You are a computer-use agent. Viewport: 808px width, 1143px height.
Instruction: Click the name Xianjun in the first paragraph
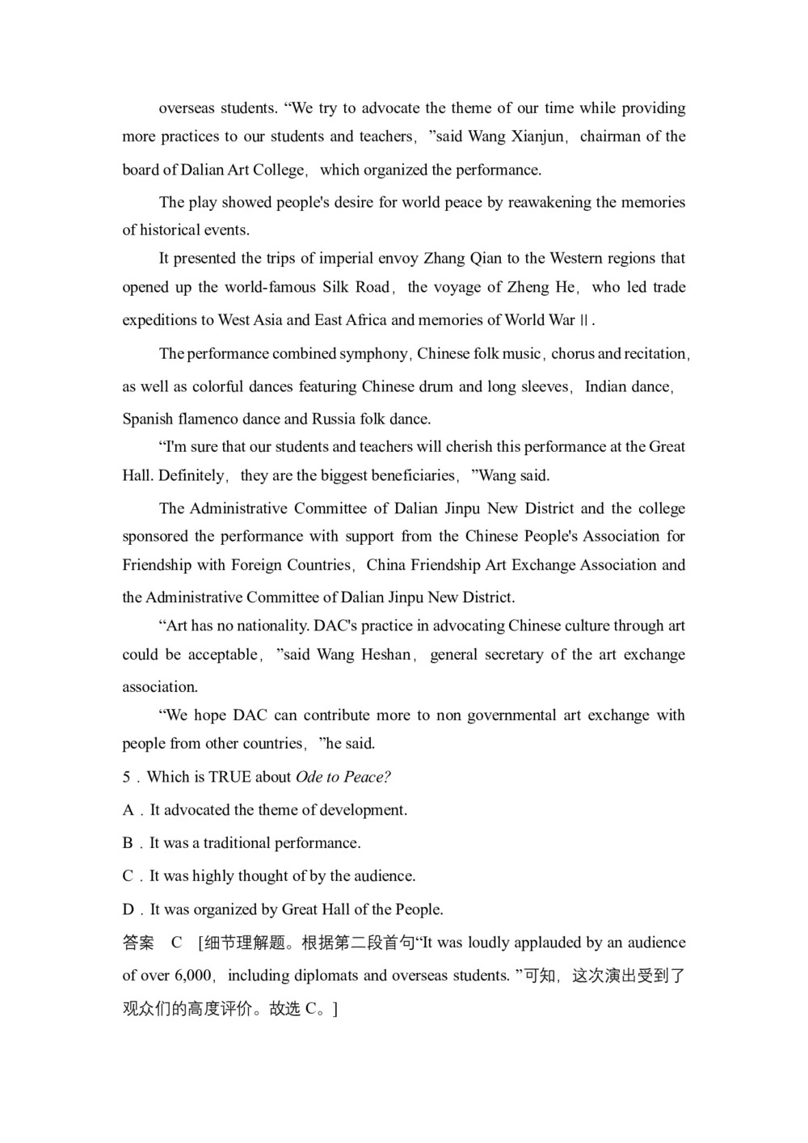(538, 137)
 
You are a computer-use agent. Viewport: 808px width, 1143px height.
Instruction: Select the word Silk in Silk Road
(335, 287)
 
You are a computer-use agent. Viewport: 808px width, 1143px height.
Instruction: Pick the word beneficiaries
(414, 475)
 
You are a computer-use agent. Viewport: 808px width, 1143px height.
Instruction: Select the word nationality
(263, 626)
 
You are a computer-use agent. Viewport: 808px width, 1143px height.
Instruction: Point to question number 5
(127, 778)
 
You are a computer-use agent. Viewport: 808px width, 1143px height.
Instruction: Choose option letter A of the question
(128, 810)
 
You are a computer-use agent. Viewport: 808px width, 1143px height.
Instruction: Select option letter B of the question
(128, 843)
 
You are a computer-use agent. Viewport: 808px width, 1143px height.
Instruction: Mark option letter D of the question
(128, 909)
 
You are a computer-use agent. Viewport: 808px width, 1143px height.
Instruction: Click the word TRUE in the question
(229, 778)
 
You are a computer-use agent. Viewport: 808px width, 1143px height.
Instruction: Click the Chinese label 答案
(138, 943)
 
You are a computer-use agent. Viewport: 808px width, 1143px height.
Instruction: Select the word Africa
(367, 320)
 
